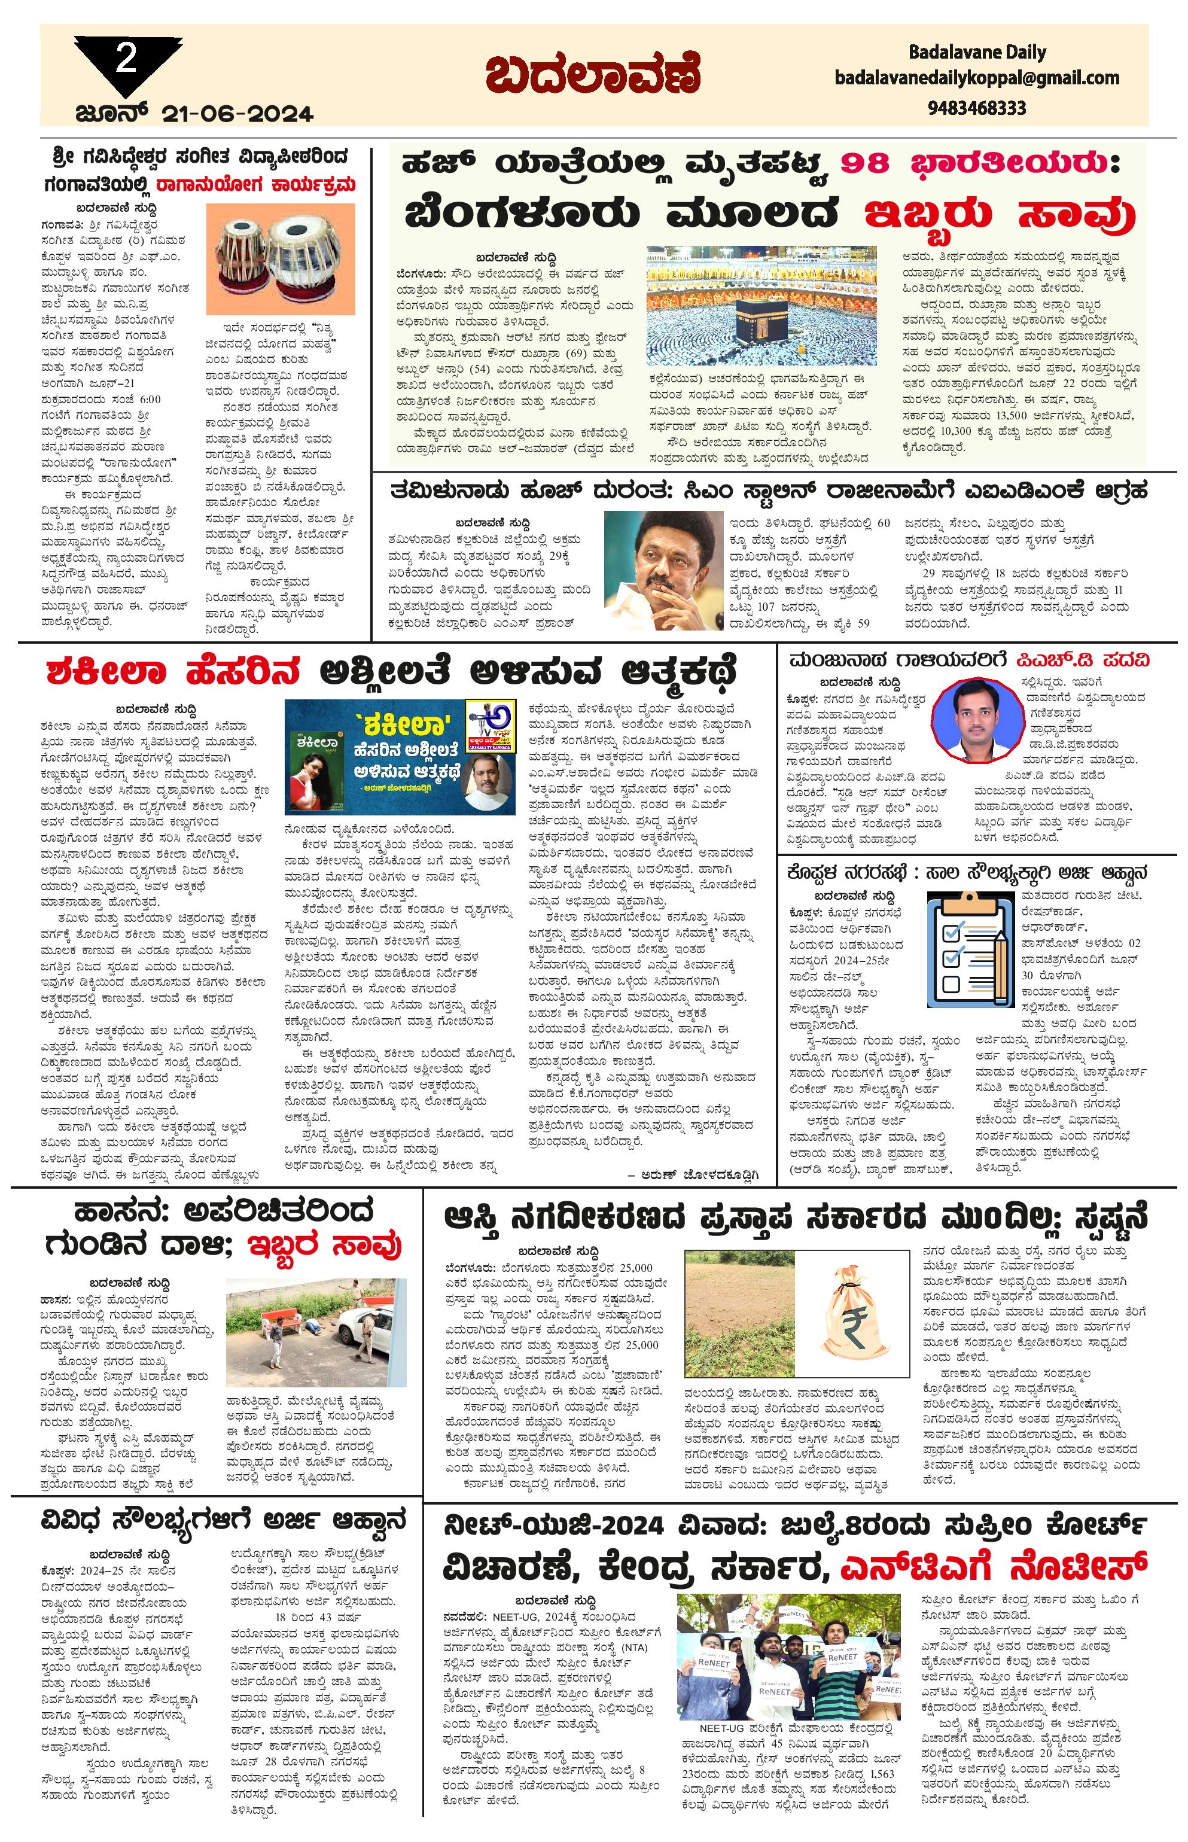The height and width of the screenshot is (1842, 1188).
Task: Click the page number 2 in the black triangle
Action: tap(126, 59)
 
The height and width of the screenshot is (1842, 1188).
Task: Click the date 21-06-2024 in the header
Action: tap(237, 114)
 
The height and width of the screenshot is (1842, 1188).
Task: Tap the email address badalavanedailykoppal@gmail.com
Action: tap(977, 78)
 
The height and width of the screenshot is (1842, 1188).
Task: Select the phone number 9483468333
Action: tap(977, 107)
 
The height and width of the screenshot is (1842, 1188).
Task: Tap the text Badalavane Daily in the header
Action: tap(977, 53)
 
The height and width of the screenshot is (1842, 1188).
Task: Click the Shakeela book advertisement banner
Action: tap(400, 757)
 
